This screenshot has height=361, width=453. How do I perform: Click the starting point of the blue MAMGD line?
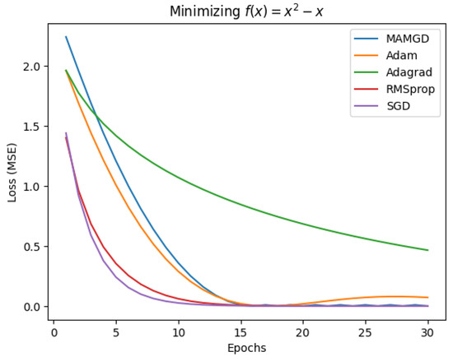point(66,37)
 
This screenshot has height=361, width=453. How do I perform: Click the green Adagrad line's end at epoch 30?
point(427,250)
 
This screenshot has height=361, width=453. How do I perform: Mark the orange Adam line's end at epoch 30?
point(427,298)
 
